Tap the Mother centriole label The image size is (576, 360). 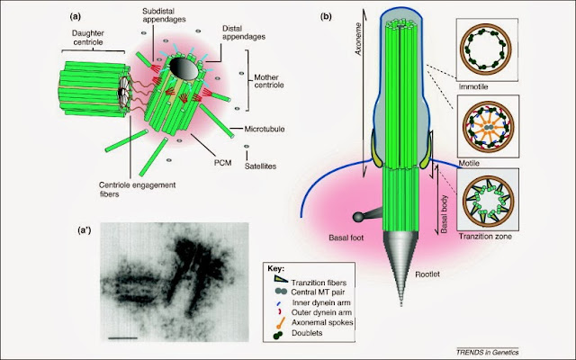click(x=271, y=94)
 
